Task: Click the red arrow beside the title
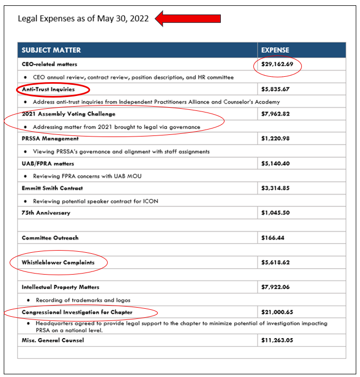[x=188, y=19]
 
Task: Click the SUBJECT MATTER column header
[x=51, y=50]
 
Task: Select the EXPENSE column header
[x=275, y=50]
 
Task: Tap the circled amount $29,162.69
[x=277, y=65]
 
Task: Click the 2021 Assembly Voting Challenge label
[x=68, y=114]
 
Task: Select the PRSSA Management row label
[x=50, y=139]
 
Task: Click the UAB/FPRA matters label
[x=48, y=163]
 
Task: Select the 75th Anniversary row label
[x=46, y=213]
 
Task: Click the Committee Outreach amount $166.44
[x=273, y=238]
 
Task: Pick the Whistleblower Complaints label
[x=58, y=262]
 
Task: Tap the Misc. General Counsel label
[x=53, y=340]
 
